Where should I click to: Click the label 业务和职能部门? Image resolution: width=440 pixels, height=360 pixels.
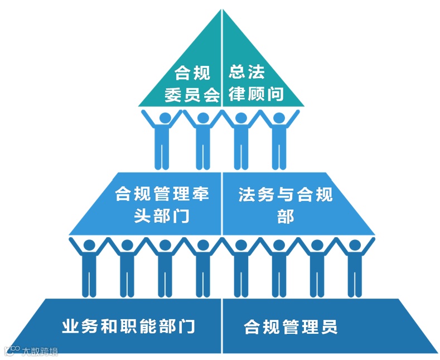129,326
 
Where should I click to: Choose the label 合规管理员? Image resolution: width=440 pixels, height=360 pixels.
291,327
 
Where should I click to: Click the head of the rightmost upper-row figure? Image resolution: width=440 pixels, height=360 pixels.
278,118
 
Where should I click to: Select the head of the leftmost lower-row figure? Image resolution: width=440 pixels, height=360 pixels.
89,246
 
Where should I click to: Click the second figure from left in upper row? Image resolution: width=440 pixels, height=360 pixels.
203,140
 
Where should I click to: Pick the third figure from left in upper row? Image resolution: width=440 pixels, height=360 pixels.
241,140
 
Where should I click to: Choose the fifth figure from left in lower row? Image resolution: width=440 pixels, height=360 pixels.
241,268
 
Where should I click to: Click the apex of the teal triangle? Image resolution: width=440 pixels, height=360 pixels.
222,10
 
